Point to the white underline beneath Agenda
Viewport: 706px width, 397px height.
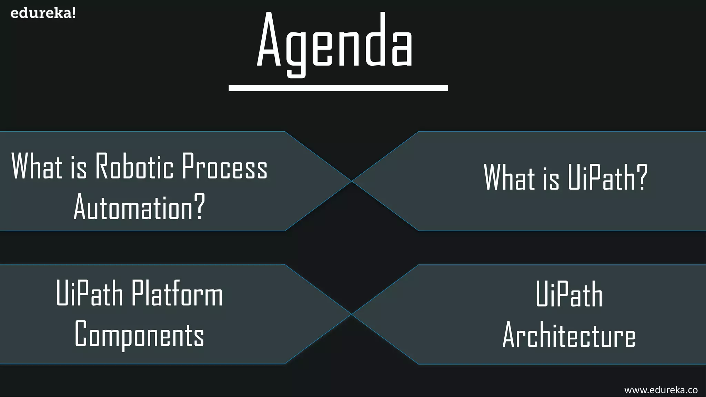(x=338, y=88)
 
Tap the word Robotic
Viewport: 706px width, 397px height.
(x=134, y=167)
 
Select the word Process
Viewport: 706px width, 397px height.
(x=224, y=167)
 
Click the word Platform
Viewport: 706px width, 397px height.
(x=177, y=294)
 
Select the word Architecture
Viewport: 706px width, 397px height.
(x=569, y=336)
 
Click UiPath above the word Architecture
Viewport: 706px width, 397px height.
(x=569, y=295)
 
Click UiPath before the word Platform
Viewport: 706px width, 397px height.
(x=89, y=294)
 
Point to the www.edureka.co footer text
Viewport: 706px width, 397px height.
(x=661, y=390)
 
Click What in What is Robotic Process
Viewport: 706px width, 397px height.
(x=37, y=167)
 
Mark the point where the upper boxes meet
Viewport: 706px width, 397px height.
(x=351, y=181)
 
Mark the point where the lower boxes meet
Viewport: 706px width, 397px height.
(x=351, y=314)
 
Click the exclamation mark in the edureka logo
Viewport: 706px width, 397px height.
(x=73, y=13)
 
